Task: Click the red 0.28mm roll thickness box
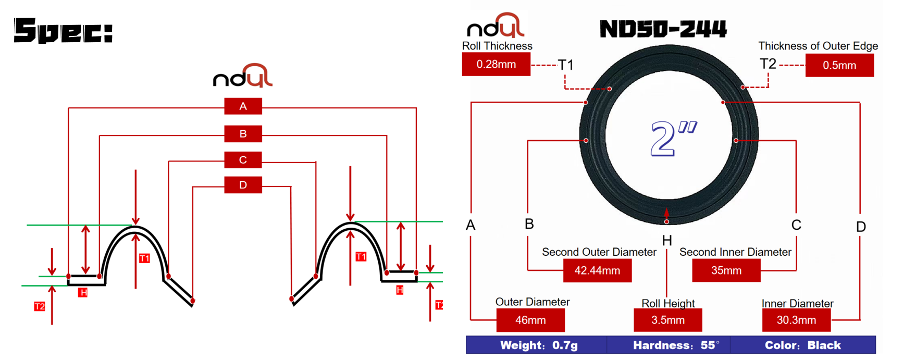tap(496, 65)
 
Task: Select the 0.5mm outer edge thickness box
tap(839, 66)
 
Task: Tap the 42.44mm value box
tap(597, 271)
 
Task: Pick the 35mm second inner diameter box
tap(726, 271)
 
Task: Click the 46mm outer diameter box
tap(530, 320)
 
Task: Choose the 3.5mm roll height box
tap(667, 320)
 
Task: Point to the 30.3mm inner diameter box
tap(796, 320)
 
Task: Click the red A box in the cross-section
tap(243, 106)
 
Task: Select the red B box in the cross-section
tap(243, 134)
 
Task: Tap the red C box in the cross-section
tap(243, 160)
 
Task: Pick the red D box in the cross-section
tap(243, 185)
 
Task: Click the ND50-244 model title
tap(663, 29)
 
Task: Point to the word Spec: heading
tap(63, 31)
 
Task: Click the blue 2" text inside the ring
tap(673, 139)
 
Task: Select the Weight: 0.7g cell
tap(538, 345)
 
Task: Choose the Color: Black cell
tap(802, 345)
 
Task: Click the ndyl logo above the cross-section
tap(243, 76)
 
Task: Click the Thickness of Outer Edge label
tap(818, 46)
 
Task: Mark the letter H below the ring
tap(667, 241)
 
